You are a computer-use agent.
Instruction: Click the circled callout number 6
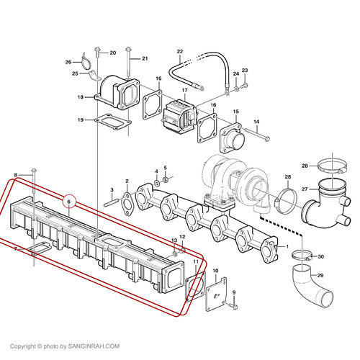click(69, 202)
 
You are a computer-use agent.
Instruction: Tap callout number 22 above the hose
click(180, 51)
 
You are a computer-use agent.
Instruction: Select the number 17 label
click(184, 91)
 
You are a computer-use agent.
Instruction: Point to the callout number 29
click(320, 275)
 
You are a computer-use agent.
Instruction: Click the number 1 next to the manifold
click(287, 246)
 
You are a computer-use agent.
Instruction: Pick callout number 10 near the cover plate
click(215, 271)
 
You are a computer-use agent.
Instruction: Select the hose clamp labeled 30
click(302, 256)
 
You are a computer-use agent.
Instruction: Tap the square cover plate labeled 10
click(216, 294)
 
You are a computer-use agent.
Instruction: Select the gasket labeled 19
click(113, 122)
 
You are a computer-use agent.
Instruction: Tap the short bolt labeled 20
click(98, 52)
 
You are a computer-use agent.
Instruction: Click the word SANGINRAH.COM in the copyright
click(94, 346)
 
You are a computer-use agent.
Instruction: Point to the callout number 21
click(145, 58)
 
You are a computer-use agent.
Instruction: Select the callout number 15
click(235, 112)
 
